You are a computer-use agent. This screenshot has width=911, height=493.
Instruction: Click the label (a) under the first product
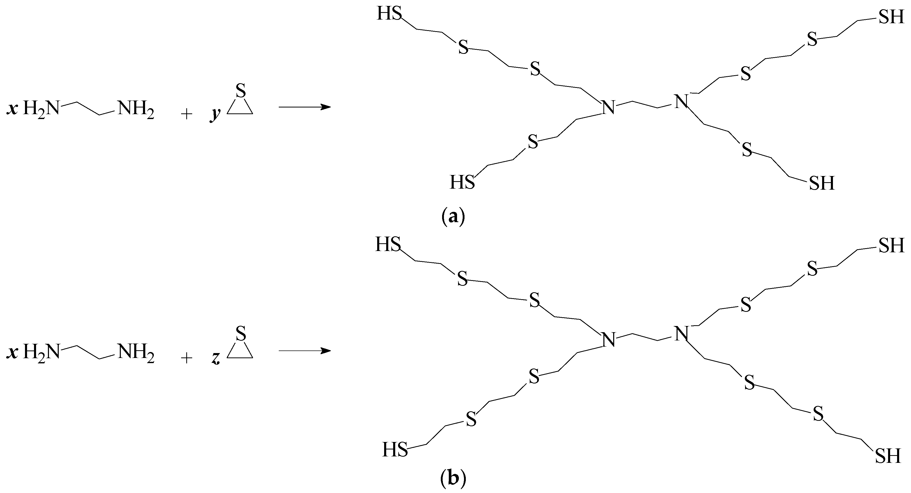[453, 216]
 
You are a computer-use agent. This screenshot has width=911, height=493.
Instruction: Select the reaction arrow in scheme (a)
[305, 106]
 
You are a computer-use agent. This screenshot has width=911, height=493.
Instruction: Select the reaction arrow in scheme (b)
[305, 351]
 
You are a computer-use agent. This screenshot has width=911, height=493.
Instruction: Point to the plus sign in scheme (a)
[186, 114]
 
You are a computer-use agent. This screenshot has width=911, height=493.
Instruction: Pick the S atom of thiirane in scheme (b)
[240, 333]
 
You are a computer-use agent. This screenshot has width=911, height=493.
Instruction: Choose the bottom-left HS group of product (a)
[462, 182]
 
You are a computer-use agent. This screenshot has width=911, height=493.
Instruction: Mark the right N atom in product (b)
[681, 333]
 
